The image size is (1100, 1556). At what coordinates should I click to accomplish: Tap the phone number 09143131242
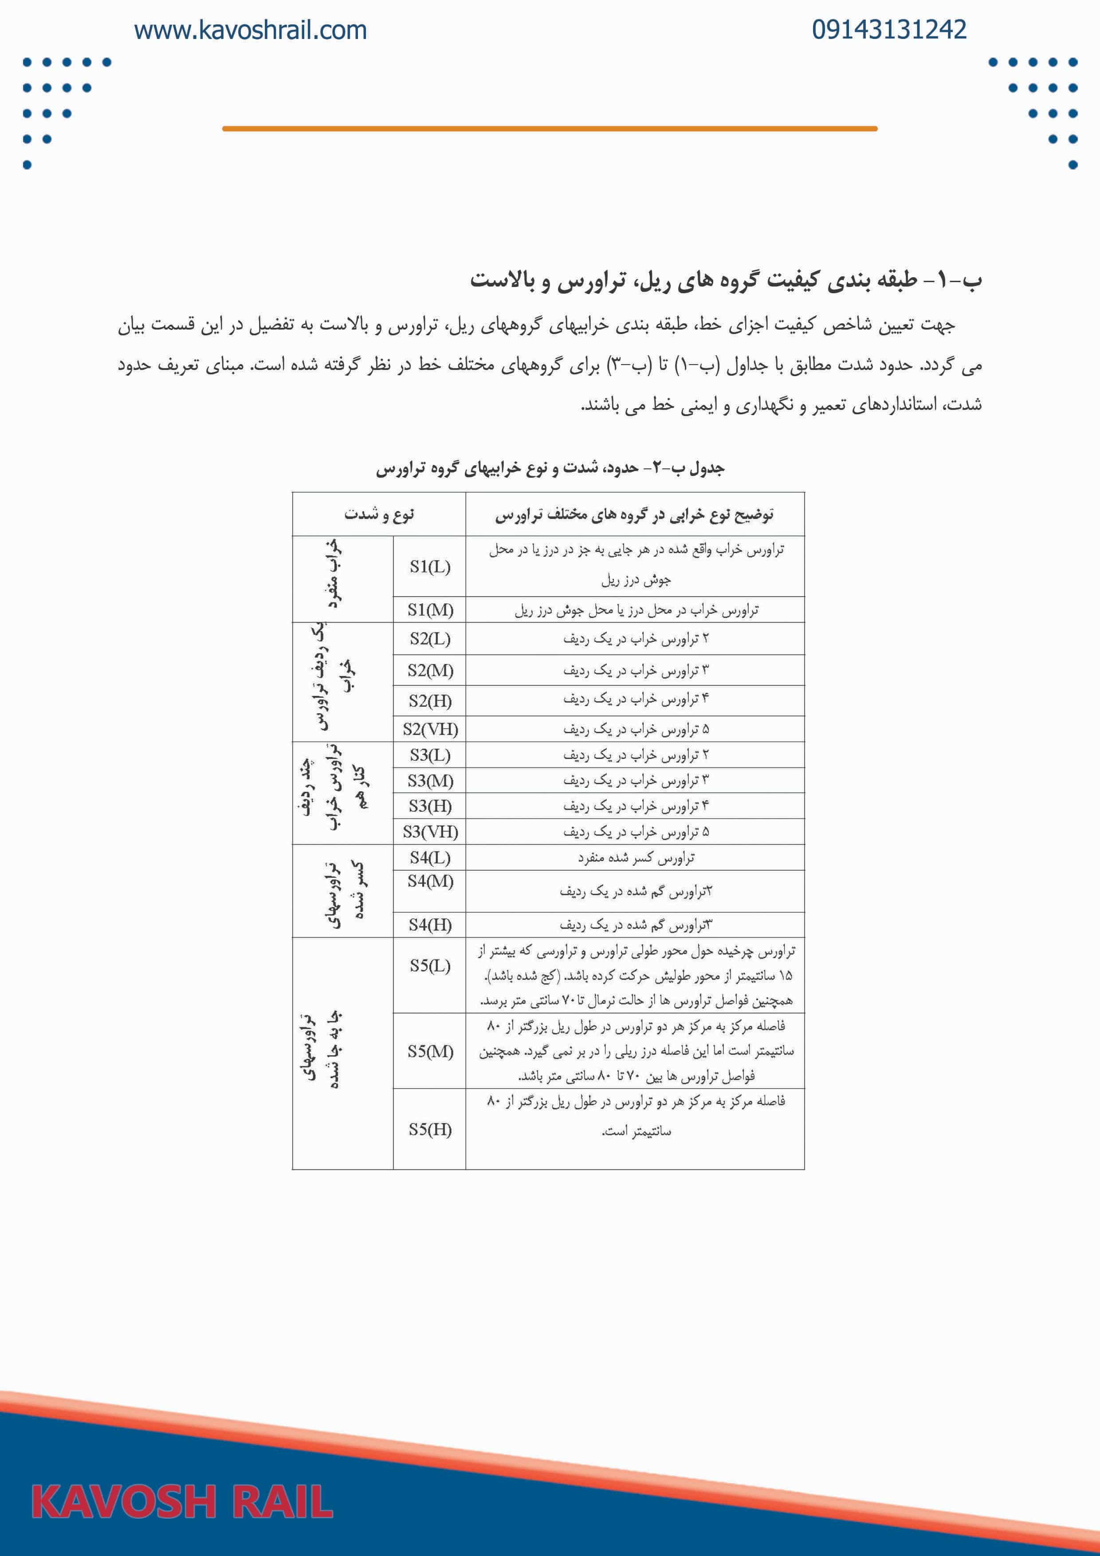[x=889, y=30]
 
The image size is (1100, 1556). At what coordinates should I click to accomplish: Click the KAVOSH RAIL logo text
[x=182, y=1501]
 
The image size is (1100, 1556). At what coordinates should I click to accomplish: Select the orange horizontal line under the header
[x=550, y=128]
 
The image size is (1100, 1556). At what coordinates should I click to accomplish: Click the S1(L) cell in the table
[x=430, y=566]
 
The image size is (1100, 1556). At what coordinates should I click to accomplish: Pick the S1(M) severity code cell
[x=430, y=610]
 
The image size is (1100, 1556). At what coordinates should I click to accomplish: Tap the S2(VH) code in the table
[x=430, y=729]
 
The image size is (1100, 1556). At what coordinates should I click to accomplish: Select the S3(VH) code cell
[x=430, y=832]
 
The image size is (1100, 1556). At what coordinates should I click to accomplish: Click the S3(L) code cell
[x=430, y=755]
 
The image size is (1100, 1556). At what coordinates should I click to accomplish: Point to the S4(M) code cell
[x=430, y=881]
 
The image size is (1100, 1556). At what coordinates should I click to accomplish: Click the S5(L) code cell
[x=430, y=966]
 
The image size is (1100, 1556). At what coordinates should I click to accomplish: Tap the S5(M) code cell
[x=430, y=1051]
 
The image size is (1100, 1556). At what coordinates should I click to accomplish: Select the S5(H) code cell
[x=430, y=1129]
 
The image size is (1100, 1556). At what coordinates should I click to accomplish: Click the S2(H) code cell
[x=430, y=701]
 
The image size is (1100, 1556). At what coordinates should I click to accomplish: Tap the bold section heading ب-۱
[x=725, y=280]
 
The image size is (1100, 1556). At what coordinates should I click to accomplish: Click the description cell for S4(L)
[x=635, y=858]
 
